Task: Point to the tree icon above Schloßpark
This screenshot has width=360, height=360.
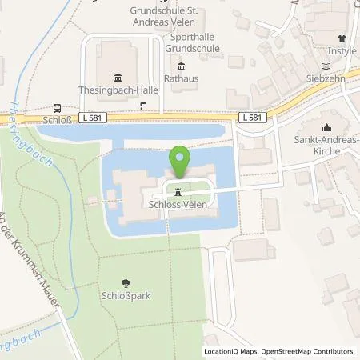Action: (x=126, y=282)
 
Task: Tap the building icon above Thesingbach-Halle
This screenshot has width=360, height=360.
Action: (x=118, y=77)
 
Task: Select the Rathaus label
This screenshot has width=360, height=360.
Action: (x=180, y=78)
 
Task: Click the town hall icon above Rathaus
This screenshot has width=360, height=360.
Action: (x=180, y=66)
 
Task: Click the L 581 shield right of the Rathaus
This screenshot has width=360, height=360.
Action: (x=253, y=118)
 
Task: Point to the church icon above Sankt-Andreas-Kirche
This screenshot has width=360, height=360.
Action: (x=326, y=127)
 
